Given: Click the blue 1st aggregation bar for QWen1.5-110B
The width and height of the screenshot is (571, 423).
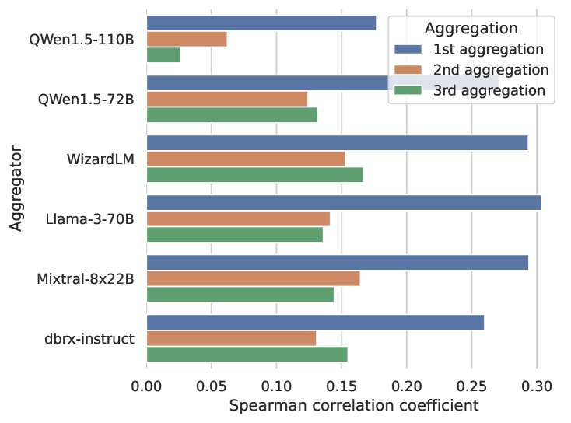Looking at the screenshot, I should [x=261, y=23].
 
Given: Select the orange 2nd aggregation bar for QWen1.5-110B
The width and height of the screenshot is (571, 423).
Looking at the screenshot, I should [x=187, y=39].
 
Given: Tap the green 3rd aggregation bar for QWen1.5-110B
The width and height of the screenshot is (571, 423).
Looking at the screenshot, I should [x=163, y=54].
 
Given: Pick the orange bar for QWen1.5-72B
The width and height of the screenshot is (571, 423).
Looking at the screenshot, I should [x=227, y=99].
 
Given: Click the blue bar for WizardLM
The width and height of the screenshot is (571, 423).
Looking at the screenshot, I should [x=337, y=143].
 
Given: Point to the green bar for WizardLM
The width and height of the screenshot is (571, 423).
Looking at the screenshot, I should [x=254, y=174].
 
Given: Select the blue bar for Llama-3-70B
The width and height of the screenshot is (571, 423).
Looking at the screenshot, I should [x=344, y=203].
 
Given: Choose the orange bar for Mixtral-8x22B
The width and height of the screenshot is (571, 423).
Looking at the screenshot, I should [x=253, y=278].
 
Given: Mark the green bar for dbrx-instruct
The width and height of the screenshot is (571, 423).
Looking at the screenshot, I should [x=247, y=354].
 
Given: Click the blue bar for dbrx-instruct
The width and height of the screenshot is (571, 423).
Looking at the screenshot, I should [x=315, y=323].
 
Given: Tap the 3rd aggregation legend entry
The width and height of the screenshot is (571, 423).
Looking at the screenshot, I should [x=479, y=89].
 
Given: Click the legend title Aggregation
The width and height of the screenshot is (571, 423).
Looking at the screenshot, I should [x=471, y=28].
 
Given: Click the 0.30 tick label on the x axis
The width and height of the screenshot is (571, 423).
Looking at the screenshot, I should [x=536, y=386].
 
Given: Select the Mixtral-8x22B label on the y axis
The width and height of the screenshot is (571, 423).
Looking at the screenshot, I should [x=86, y=278].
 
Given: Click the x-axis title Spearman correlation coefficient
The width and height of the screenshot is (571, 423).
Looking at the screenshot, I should [x=354, y=406].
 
